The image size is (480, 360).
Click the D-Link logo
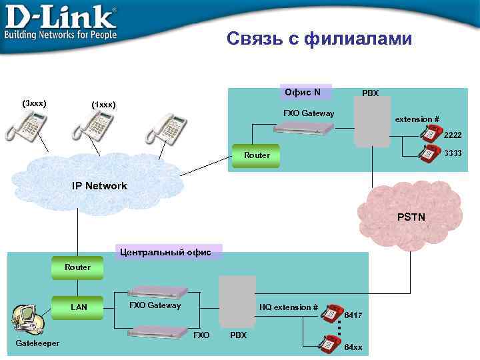coord(61,23)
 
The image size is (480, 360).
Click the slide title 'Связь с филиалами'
coord(319,39)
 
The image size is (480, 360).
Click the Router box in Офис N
coord(257,155)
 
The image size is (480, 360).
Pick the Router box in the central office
coord(77,267)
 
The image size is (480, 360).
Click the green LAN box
coord(79,307)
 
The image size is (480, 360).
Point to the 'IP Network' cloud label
coord(99,186)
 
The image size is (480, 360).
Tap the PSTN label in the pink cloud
coord(411,217)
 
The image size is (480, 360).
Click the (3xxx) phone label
coord(34,104)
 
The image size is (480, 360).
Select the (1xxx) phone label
coord(103,105)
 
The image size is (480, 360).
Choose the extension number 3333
coord(453,153)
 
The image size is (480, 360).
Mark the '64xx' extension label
coord(353,347)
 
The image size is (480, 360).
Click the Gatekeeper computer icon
coord(25,321)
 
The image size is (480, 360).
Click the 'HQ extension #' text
coord(288,307)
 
